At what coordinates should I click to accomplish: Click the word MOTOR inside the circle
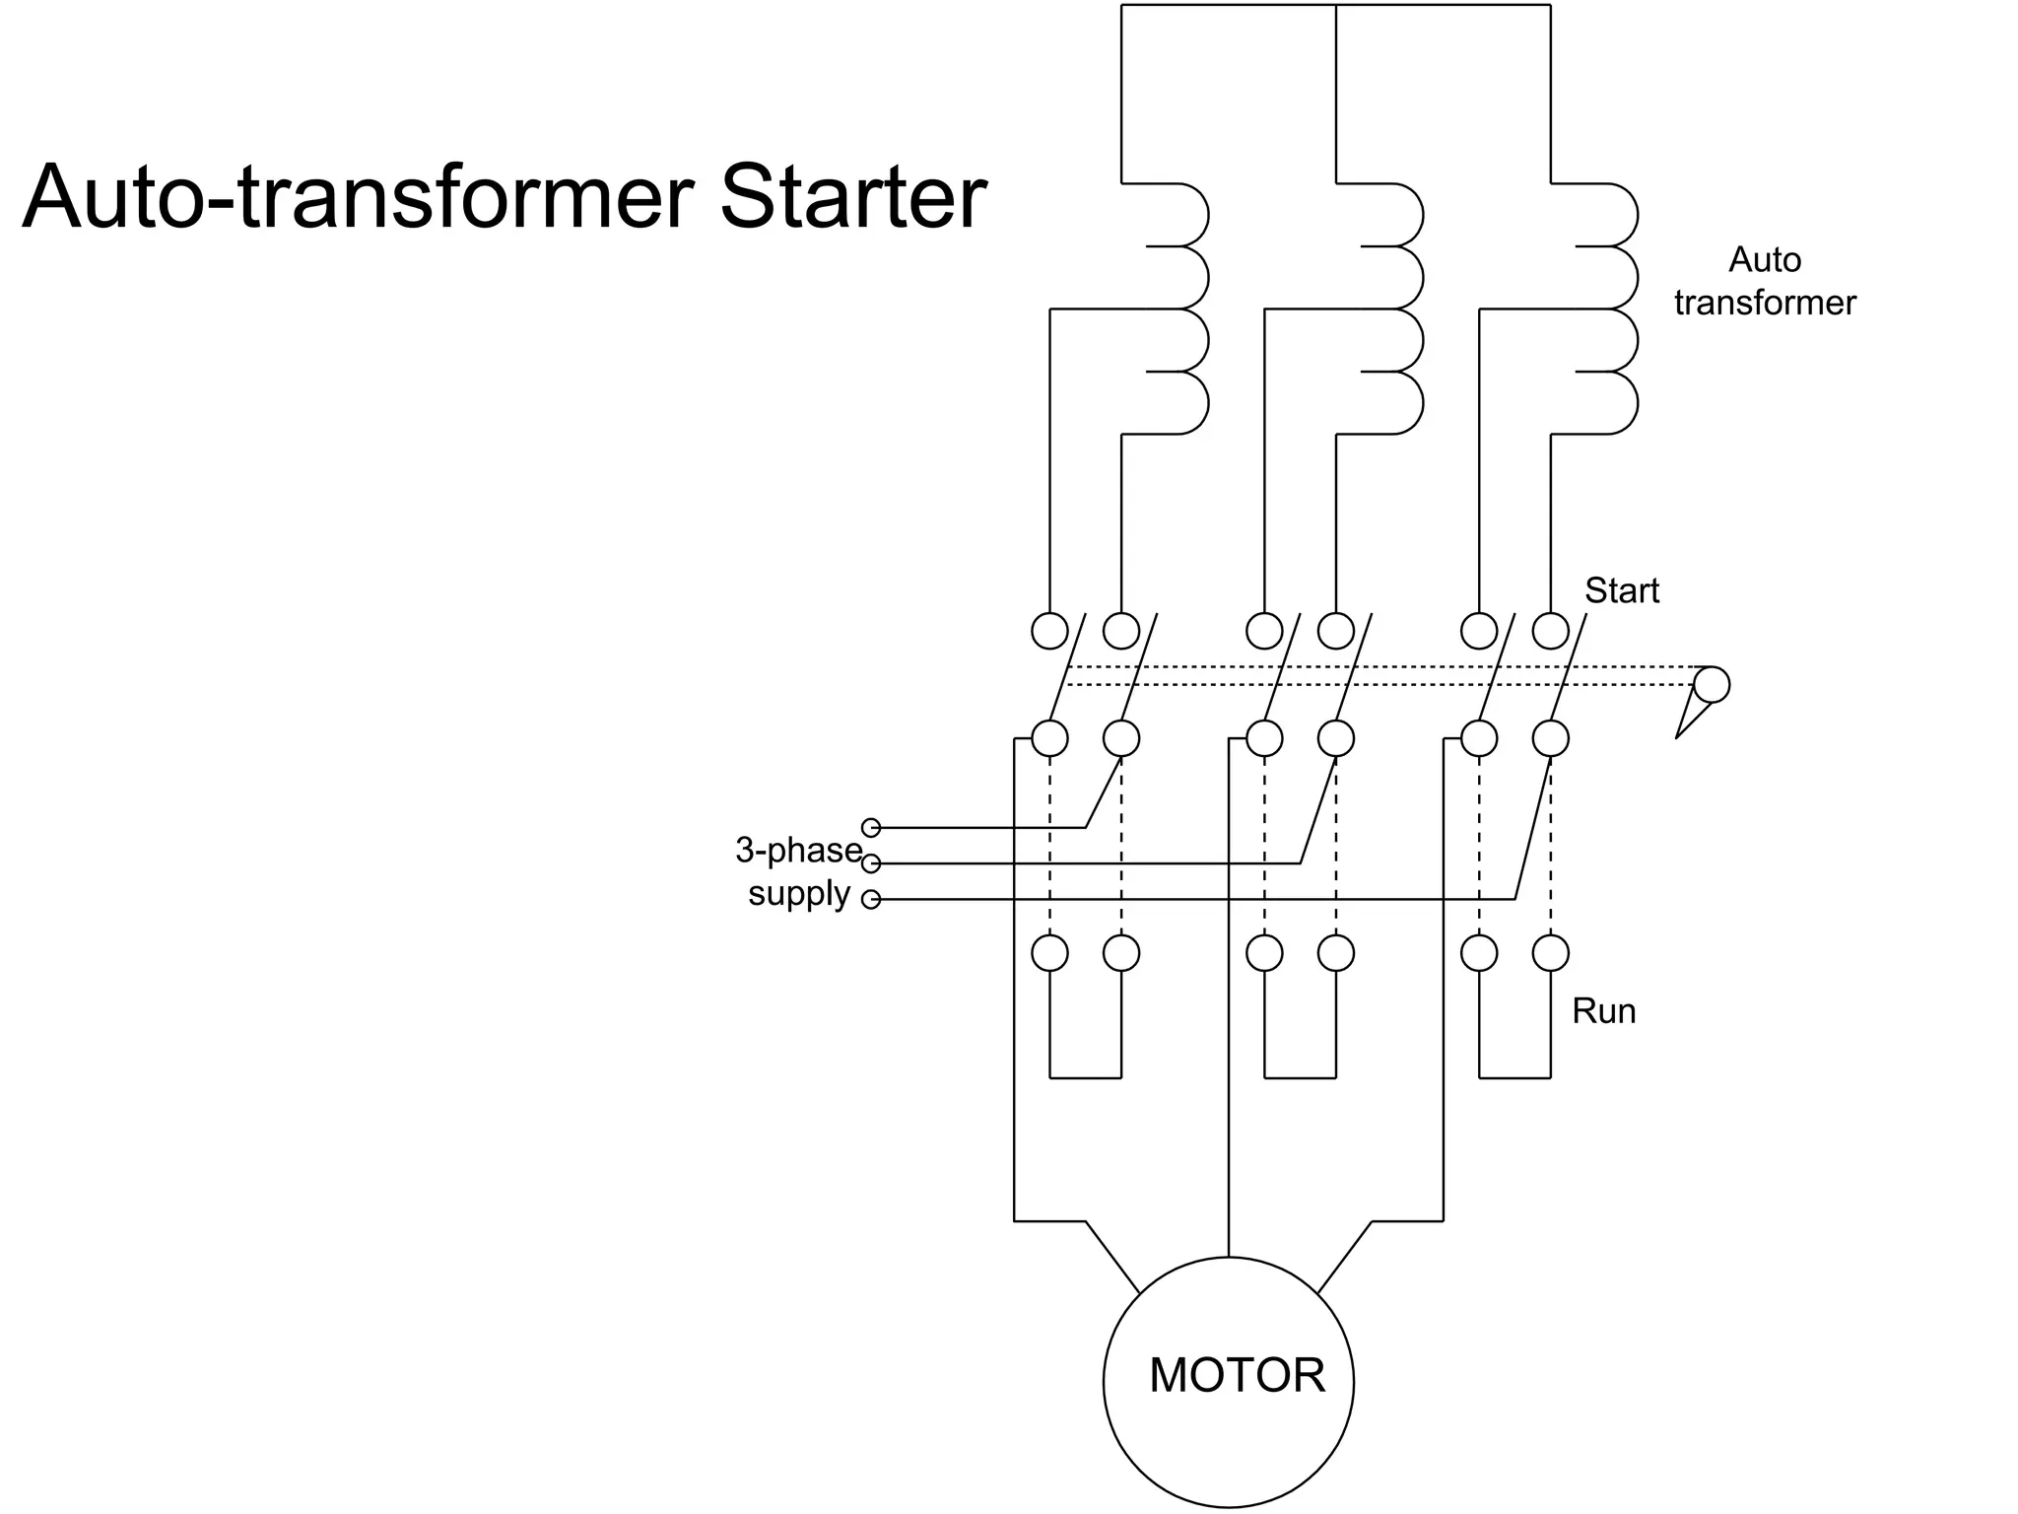(x=1237, y=1375)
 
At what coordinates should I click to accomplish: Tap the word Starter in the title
(x=852, y=196)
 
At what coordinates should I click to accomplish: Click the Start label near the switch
(x=1621, y=590)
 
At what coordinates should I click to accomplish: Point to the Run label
(x=1603, y=1011)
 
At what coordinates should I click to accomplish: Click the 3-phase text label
(x=798, y=850)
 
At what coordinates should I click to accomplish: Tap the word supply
(x=798, y=894)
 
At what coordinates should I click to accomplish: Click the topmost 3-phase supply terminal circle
(x=871, y=828)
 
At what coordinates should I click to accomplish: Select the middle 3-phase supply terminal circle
(x=871, y=864)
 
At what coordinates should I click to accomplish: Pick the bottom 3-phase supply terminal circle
(x=871, y=900)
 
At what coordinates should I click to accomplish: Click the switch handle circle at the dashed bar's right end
(x=1712, y=684)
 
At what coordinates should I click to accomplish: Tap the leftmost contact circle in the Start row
(x=1049, y=631)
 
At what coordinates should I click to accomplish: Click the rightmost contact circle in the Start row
(x=1550, y=631)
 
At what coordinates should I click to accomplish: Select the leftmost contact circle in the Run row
(x=1049, y=953)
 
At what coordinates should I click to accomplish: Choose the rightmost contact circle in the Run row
(x=1550, y=953)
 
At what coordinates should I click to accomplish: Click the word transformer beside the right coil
(x=1764, y=303)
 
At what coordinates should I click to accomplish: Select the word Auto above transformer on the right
(x=1765, y=260)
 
